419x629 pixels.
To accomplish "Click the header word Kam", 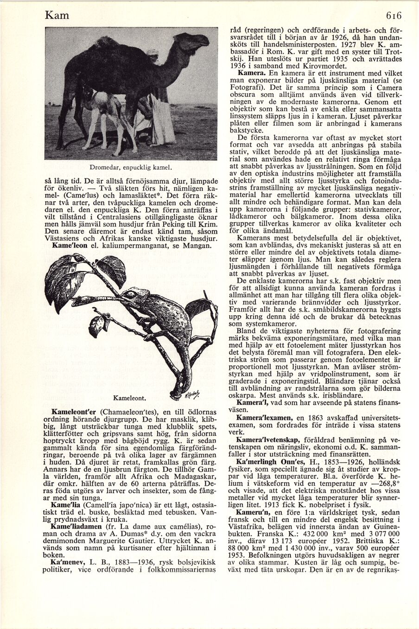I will tap(57, 15).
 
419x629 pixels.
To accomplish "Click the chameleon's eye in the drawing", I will tap(132, 294).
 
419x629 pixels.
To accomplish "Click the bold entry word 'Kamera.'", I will tap(251, 73).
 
